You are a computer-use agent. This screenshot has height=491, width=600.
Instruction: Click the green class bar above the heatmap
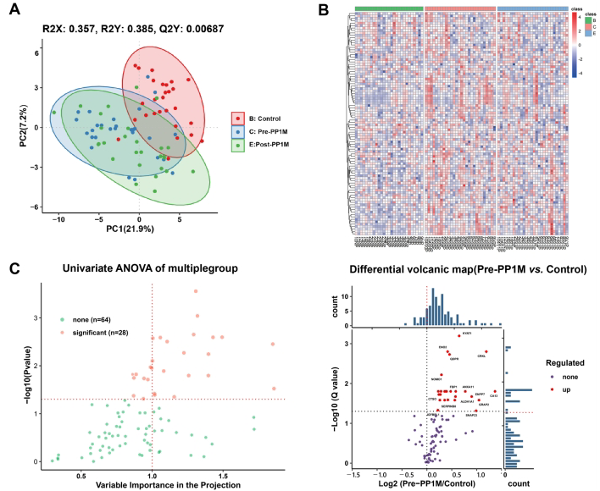click(387, 8)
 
